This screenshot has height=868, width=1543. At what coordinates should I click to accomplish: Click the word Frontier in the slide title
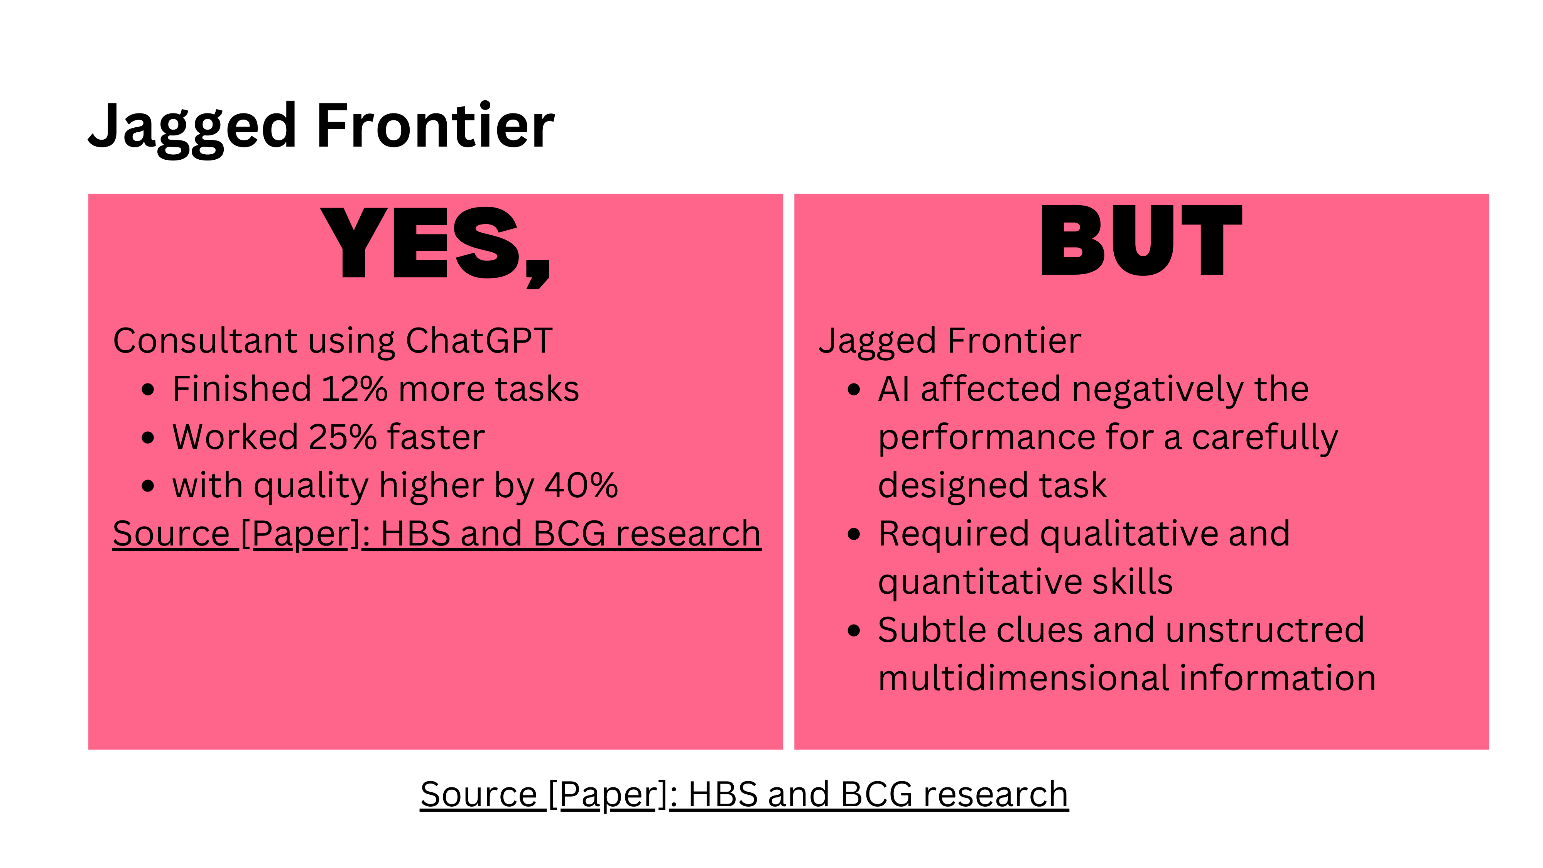coord(436,125)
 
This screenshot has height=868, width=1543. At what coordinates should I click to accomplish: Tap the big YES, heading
coord(436,246)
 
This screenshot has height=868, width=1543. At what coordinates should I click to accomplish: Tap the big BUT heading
coord(1141,240)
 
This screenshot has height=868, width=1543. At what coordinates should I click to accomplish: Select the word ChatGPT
coord(479,341)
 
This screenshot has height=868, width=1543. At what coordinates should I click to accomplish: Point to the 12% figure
coord(354,389)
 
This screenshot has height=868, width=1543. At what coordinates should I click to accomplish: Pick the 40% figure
coord(581,485)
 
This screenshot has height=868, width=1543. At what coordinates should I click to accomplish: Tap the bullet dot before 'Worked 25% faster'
coord(148,438)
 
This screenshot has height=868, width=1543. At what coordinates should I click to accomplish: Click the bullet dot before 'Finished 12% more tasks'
coord(148,390)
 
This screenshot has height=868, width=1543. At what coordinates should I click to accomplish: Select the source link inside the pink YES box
coord(437,534)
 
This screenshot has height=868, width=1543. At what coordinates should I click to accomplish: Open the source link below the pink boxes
coord(744,795)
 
